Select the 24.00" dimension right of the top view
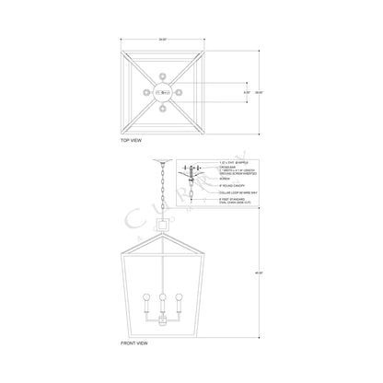(260, 92)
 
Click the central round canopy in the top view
(164, 92)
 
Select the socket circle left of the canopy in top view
(145, 92)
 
